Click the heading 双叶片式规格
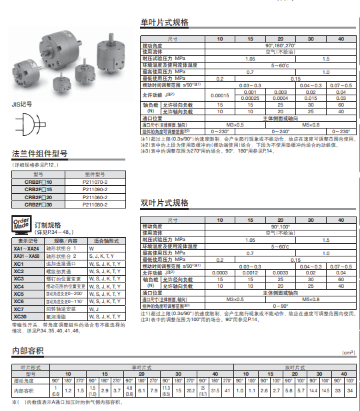point(164,203)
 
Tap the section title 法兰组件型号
point(39,154)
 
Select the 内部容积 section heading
point(28,350)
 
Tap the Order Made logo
point(21,225)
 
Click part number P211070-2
point(94,181)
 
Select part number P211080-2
point(94,205)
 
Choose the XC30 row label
point(19,316)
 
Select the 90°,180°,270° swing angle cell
point(279,45)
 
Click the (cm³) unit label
point(347,353)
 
